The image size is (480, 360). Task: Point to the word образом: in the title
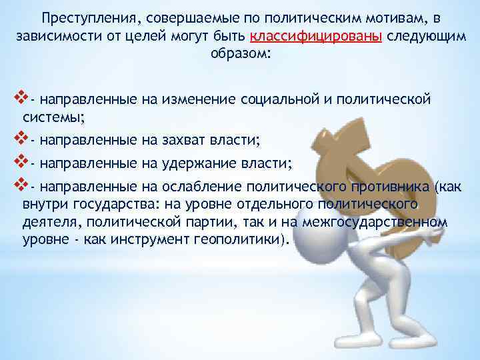coord(240,54)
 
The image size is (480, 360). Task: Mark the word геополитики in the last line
coord(247,239)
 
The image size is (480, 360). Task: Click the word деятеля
coord(45,222)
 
